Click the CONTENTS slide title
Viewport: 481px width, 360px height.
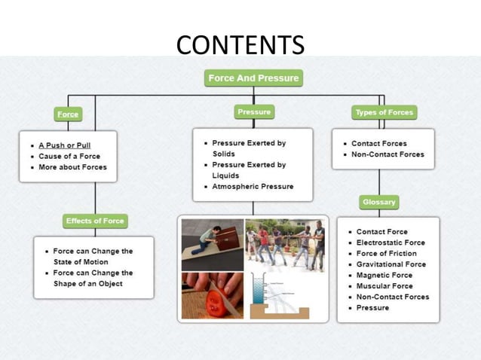(x=240, y=44)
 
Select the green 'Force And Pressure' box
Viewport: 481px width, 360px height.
(x=253, y=78)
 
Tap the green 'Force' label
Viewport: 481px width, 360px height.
(x=68, y=114)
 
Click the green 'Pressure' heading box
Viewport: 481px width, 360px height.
(x=253, y=112)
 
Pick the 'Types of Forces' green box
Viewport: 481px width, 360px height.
(x=384, y=113)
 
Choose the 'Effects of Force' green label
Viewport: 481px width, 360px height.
(x=94, y=221)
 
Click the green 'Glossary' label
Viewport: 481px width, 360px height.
(x=378, y=202)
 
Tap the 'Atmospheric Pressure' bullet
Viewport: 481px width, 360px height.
(x=253, y=186)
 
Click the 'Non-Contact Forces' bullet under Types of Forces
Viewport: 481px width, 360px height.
(x=388, y=154)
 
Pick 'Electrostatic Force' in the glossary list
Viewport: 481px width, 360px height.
(x=391, y=243)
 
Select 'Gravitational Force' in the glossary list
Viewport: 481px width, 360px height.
(x=391, y=264)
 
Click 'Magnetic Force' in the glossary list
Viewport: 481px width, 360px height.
(x=385, y=275)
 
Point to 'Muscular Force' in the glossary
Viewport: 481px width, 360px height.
(x=384, y=286)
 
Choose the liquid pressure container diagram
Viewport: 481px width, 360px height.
(x=286, y=297)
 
